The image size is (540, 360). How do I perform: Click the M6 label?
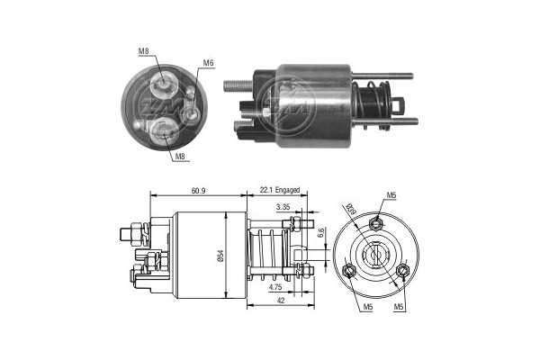(208, 63)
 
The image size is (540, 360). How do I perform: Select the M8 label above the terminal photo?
(144, 51)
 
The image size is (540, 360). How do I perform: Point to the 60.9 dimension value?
(200, 190)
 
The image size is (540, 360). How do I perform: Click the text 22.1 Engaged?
(279, 190)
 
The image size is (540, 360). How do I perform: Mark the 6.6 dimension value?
(322, 233)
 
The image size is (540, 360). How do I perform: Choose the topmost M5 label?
(391, 195)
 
